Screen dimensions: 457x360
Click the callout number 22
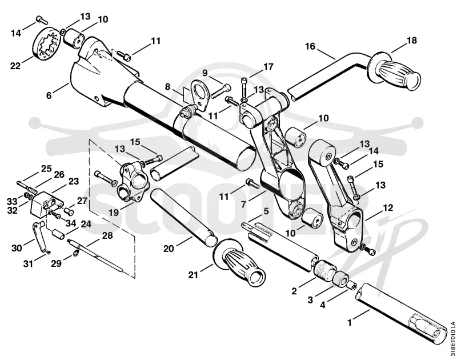(x=15, y=66)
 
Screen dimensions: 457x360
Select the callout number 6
(x=49, y=95)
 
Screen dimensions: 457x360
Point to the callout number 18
(x=412, y=40)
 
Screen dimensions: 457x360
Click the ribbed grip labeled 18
(x=396, y=71)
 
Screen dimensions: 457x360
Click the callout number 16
(x=310, y=46)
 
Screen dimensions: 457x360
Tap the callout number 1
(x=350, y=323)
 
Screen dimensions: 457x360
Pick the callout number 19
(x=114, y=213)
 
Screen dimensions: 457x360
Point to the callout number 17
(x=268, y=67)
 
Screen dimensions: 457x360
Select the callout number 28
(x=107, y=235)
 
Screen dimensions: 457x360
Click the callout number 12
(x=388, y=207)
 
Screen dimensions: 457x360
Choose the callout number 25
(x=46, y=169)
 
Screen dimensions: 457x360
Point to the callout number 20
(x=169, y=249)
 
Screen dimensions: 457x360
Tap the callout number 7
(x=243, y=204)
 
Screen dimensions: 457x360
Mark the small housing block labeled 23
(x=47, y=203)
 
